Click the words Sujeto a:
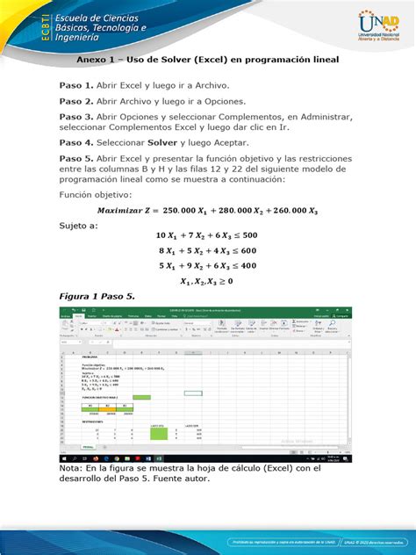pos(79,226)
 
